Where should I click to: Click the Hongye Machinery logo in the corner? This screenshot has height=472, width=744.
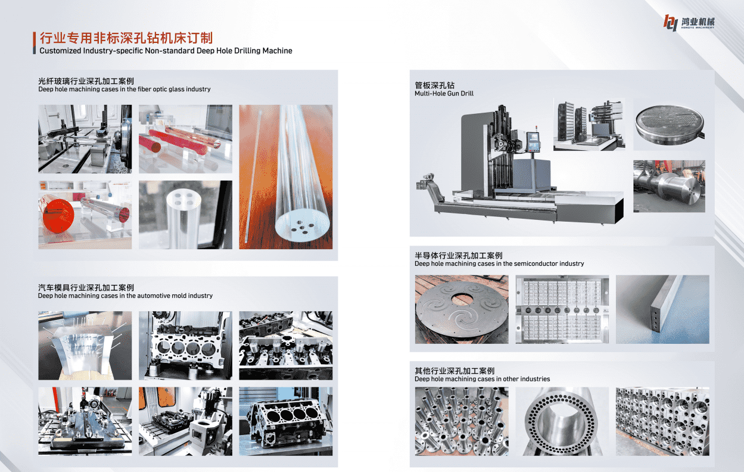(x=689, y=23)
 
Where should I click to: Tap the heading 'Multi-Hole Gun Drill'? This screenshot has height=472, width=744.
(x=444, y=94)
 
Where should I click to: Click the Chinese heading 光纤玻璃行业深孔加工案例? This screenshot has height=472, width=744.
(x=86, y=81)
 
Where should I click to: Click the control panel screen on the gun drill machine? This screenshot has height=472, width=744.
(x=533, y=138)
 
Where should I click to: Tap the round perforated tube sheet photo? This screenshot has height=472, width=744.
(x=669, y=125)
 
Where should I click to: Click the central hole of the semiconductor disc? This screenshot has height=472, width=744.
(x=462, y=298)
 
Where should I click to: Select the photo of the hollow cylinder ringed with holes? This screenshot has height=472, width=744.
(x=562, y=421)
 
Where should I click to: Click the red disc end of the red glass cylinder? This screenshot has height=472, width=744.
(x=58, y=216)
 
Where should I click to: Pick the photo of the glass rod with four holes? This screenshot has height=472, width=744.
(x=185, y=215)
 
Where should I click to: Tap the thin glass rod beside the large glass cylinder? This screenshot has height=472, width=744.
(x=253, y=176)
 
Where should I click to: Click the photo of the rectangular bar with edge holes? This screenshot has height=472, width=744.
(x=662, y=309)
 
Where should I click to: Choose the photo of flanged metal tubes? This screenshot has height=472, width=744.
(x=462, y=421)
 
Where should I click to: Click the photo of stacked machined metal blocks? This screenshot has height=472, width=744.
(x=662, y=421)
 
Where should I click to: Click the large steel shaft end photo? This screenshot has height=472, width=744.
(x=670, y=186)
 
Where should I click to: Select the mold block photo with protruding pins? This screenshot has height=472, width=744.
(x=85, y=345)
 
